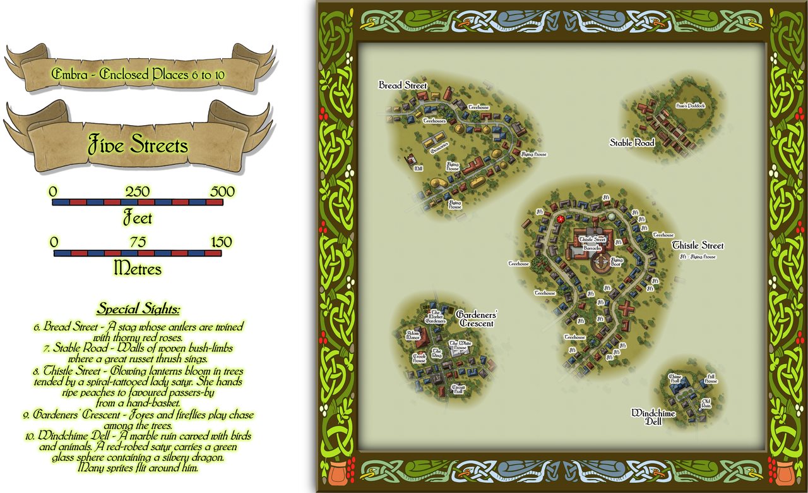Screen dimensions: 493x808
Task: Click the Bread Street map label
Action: coord(403,85)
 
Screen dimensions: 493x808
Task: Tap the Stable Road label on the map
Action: coord(632,143)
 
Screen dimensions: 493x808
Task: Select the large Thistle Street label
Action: coord(698,245)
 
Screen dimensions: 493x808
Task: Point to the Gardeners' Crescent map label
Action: coord(475,319)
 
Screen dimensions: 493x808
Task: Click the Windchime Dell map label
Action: coord(653,417)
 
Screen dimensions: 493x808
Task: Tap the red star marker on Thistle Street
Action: coord(560,219)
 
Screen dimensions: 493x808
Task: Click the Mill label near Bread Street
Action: coord(418,169)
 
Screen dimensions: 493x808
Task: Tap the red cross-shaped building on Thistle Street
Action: coord(626,309)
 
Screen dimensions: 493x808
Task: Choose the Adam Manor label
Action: coord(413,335)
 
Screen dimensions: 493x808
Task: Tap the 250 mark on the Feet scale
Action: coord(138,192)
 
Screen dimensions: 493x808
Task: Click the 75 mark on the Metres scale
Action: coord(138,242)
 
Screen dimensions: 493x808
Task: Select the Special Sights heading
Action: coord(138,309)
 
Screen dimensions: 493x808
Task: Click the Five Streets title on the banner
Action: coord(138,145)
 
